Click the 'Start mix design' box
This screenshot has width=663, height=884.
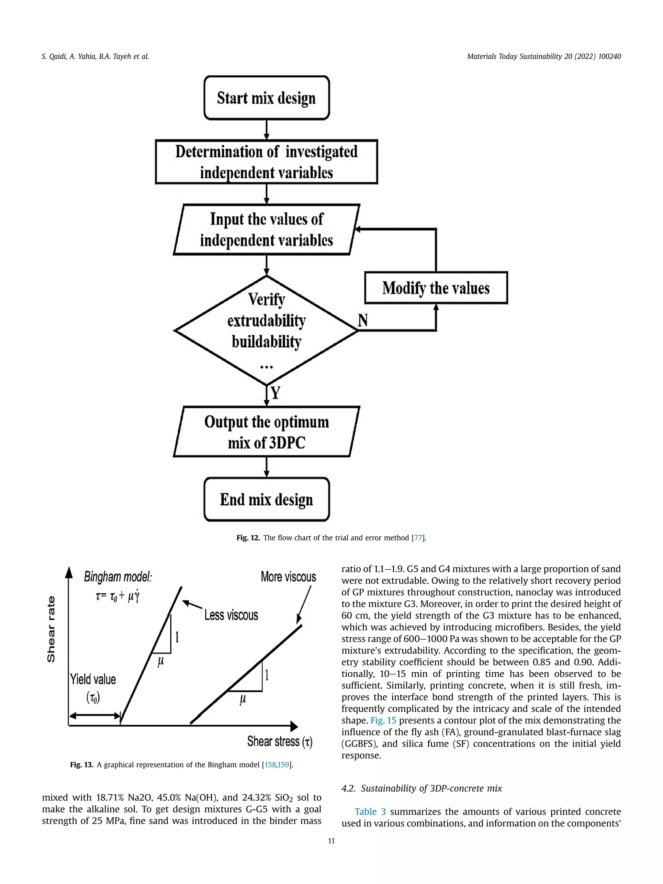[x=266, y=98]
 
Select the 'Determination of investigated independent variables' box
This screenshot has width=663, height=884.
[x=266, y=162]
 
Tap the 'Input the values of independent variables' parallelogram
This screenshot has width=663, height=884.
[x=266, y=229]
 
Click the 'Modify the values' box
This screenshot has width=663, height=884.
[x=436, y=288]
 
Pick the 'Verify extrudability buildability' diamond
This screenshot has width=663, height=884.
[x=266, y=330]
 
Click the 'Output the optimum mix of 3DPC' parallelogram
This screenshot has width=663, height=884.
[x=266, y=431]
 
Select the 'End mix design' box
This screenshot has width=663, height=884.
[x=266, y=499]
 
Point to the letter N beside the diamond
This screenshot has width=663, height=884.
[x=363, y=320]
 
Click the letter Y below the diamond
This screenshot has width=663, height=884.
[x=276, y=393]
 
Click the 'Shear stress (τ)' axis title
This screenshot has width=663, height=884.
[x=279, y=741]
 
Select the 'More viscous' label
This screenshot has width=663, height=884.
[x=288, y=577]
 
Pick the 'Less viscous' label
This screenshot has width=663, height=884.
[x=231, y=615]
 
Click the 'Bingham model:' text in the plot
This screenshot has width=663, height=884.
[x=118, y=577]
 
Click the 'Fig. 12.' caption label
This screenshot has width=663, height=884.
[x=248, y=538]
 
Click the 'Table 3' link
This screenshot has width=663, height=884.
[x=370, y=812]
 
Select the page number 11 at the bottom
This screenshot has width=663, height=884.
[x=331, y=841]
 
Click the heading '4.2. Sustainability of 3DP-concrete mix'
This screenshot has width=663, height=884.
[x=421, y=789]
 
